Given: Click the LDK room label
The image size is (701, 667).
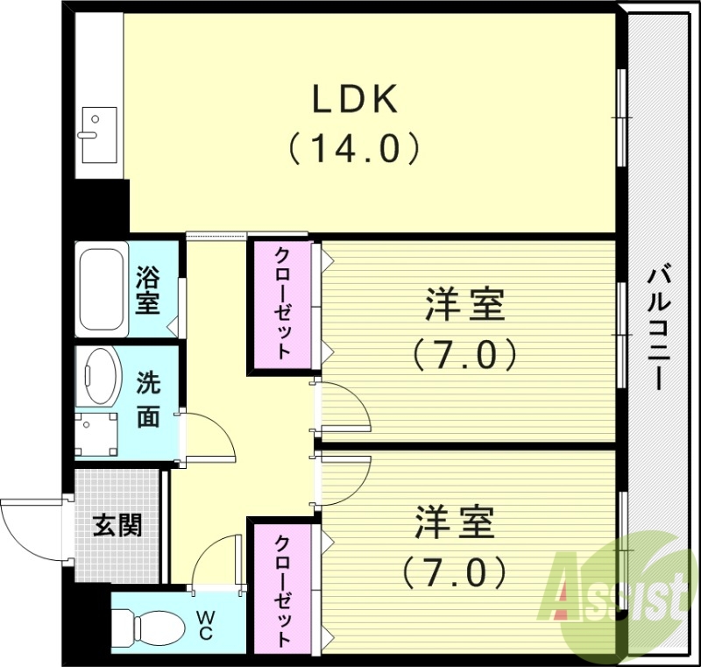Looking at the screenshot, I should pos(357,100).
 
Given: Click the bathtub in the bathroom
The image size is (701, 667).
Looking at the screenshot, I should pos(103,288).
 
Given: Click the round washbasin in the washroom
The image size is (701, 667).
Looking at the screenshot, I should pos(103,377).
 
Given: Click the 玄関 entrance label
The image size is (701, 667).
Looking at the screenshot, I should pos(117,526).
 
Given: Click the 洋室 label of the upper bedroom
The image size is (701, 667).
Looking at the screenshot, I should pos(464,307).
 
